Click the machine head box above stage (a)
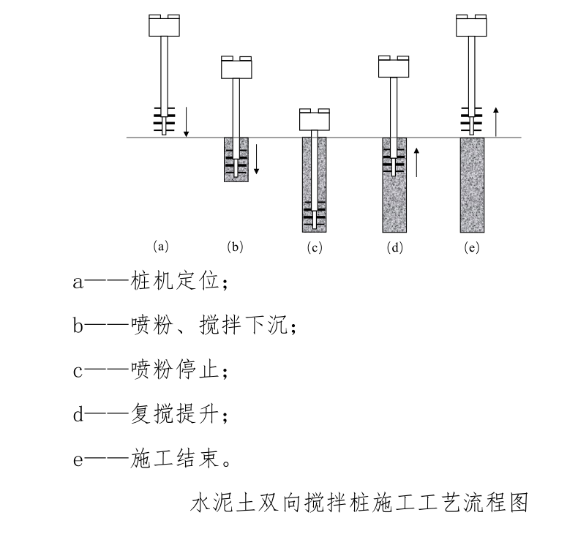(165, 26)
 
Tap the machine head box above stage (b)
(236, 68)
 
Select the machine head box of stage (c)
(315, 120)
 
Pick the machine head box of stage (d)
(394, 67)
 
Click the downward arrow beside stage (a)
(187, 121)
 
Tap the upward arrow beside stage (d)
(416, 161)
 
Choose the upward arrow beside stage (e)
(495, 121)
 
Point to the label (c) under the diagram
(315, 247)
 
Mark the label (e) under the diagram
(472, 247)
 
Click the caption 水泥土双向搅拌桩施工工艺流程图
(359, 504)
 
